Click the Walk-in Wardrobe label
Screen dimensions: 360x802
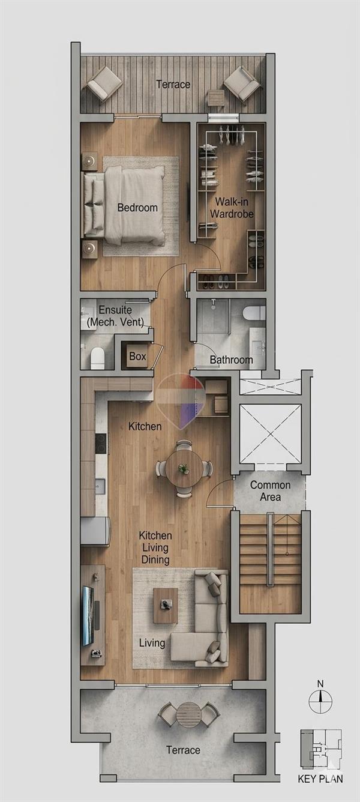pyautogui.click(x=232, y=208)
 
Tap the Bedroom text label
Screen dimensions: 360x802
pyautogui.click(x=137, y=207)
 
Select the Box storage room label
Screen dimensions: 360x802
pyautogui.click(x=137, y=356)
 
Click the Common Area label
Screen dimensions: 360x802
pyautogui.click(x=270, y=491)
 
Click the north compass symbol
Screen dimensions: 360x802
pyautogui.click(x=320, y=701)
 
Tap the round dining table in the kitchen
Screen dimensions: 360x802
pyautogui.click(x=184, y=468)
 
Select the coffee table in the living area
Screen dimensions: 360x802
pyautogui.click(x=166, y=606)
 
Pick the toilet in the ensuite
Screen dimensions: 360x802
pyautogui.click(x=97, y=358)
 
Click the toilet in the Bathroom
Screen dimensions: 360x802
pyautogui.click(x=254, y=314)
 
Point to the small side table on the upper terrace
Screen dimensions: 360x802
pyautogui.click(x=216, y=98)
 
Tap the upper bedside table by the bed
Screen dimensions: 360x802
pyautogui.click(x=89, y=161)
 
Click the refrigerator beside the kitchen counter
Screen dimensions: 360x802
pyautogui.click(x=95, y=531)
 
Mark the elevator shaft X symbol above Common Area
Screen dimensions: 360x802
pyautogui.click(x=270, y=434)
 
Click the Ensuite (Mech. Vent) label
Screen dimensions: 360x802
pyautogui.click(x=115, y=316)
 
